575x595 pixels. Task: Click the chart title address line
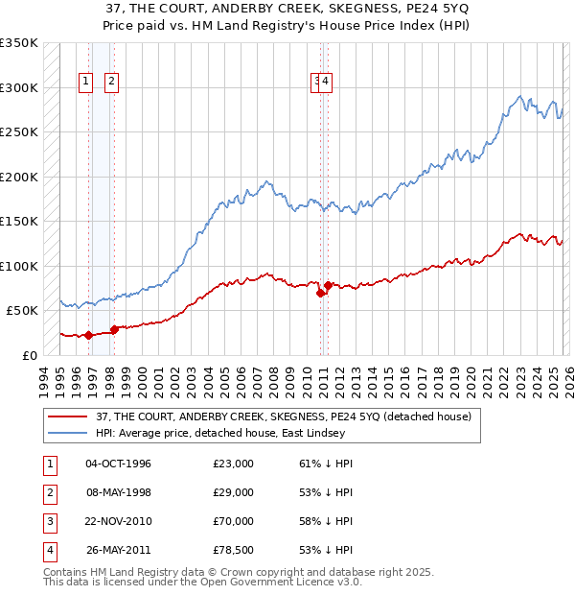coord(287,8)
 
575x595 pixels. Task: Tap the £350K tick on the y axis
coord(19,43)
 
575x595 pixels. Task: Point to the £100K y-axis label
coord(19,266)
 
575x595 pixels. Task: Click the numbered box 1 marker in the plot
coord(86,83)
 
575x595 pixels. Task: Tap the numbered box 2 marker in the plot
coord(111,83)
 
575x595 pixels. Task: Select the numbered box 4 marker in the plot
coord(327,83)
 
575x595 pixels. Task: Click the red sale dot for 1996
coord(88,335)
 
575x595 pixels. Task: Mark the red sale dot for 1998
coord(114,329)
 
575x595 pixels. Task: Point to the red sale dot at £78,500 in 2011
coord(328,285)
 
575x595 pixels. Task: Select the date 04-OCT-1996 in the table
coord(119,464)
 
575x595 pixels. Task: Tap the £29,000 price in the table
coord(234,492)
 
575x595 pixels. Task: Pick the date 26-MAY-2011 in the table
coord(119,550)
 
